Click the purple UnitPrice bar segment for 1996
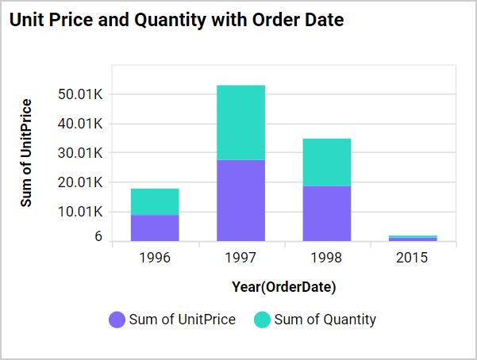tap(155, 228)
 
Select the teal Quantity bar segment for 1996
tap(155, 201)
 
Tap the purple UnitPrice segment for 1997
tap(240, 200)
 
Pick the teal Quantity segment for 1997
tap(240, 122)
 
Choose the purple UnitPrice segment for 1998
tap(326, 213)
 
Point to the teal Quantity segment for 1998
tap(326, 162)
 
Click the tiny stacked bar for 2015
tap(412, 238)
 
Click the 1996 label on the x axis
tap(155, 258)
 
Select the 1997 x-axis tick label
tap(240, 258)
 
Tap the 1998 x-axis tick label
tap(326, 258)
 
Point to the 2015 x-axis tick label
tap(412, 258)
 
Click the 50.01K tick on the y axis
tap(81, 94)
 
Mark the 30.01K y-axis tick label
tap(81, 153)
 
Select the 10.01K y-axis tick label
tap(81, 212)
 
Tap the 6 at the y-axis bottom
tap(98, 237)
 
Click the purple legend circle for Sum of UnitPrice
tap(117, 320)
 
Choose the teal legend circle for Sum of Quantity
tap(262, 320)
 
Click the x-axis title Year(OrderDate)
tap(283, 285)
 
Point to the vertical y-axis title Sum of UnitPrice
tap(27, 153)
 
